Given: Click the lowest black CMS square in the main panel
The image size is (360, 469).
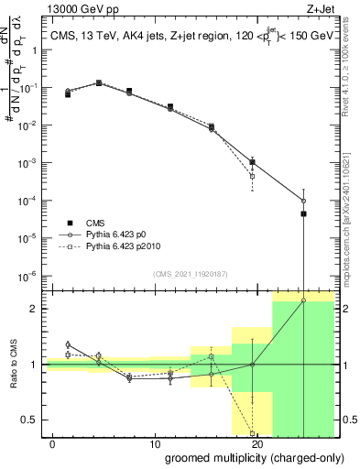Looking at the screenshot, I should (x=303, y=214).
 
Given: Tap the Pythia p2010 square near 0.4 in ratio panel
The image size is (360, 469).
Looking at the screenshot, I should (x=252, y=433).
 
